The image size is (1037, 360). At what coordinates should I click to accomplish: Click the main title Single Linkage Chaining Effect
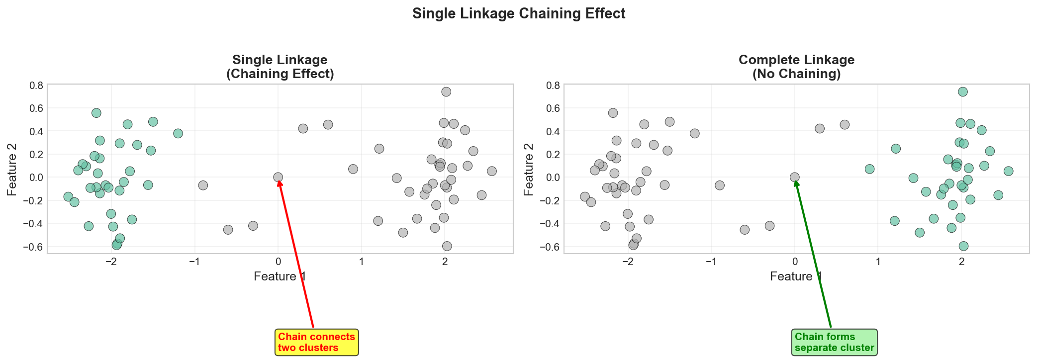click(518, 13)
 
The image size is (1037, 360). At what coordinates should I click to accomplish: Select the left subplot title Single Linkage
click(280, 60)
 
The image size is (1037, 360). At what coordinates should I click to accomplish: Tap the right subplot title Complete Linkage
click(796, 60)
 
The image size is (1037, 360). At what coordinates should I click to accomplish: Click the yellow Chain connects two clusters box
click(316, 342)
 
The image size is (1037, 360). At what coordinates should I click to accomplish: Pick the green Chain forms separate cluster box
click(834, 342)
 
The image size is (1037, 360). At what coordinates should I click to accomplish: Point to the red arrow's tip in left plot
click(279, 180)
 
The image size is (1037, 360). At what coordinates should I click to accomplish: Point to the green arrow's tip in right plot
click(796, 180)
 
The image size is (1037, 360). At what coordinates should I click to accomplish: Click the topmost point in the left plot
click(446, 91)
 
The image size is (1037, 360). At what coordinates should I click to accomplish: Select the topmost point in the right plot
click(963, 91)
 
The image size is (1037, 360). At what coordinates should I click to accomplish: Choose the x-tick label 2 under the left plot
click(445, 262)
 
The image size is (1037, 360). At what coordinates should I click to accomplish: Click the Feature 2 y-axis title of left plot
click(12, 169)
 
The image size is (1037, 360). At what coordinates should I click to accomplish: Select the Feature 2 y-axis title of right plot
click(529, 169)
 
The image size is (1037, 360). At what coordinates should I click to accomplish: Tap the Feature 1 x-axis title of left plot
click(280, 276)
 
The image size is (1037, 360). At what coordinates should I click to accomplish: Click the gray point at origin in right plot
click(795, 177)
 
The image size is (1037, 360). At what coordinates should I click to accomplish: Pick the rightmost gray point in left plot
click(492, 171)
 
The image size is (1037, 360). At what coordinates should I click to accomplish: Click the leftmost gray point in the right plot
click(585, 196)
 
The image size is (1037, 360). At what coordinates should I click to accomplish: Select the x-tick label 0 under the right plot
click(795, 262)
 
